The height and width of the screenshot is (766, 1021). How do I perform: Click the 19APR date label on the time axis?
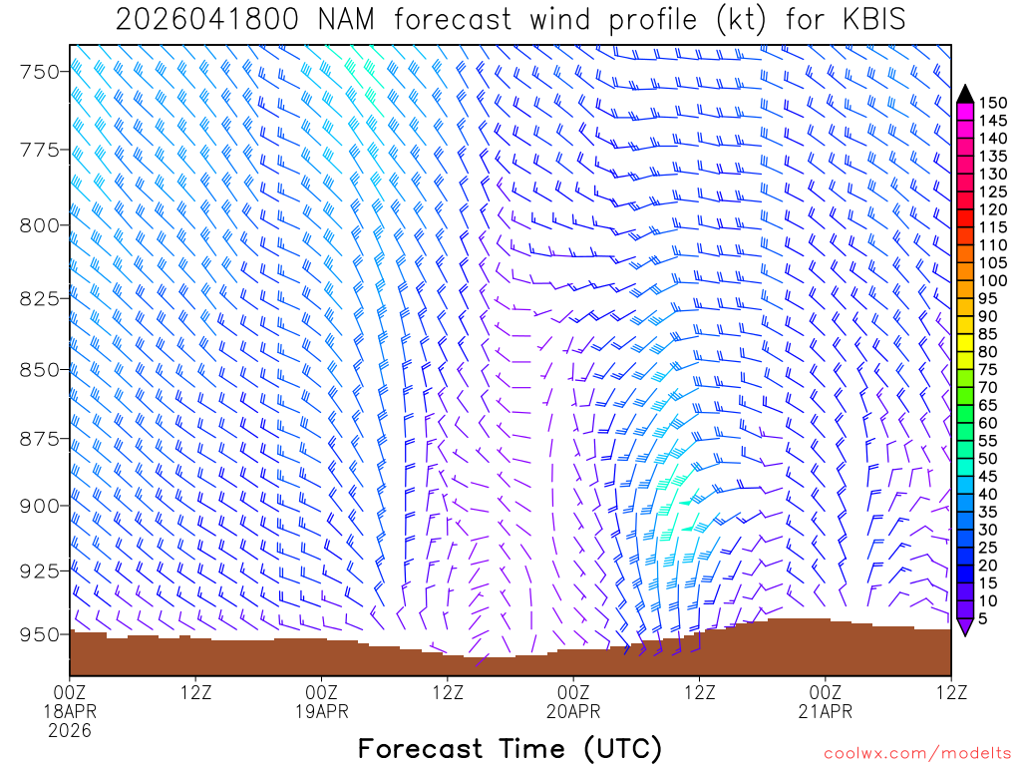point(322,710)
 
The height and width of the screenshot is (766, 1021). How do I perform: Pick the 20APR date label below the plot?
point(573,710)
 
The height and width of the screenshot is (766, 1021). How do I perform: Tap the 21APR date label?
point(826,710)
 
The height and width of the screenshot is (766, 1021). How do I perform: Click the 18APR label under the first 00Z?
point(70,710)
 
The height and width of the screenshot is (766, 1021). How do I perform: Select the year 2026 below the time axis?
point(70,730)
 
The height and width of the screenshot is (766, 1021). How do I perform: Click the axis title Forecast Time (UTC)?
point(510,748)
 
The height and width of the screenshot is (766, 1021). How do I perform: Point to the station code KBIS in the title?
point(870,19)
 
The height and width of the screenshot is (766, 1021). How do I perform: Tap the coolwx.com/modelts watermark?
point(916,751)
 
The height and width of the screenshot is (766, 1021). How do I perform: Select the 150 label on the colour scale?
point(993,102)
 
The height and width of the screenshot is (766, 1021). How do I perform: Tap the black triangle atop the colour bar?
point(964,94)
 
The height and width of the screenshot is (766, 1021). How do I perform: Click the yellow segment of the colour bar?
point(964,343)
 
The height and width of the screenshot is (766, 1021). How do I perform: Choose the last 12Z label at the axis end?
point(951,690)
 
